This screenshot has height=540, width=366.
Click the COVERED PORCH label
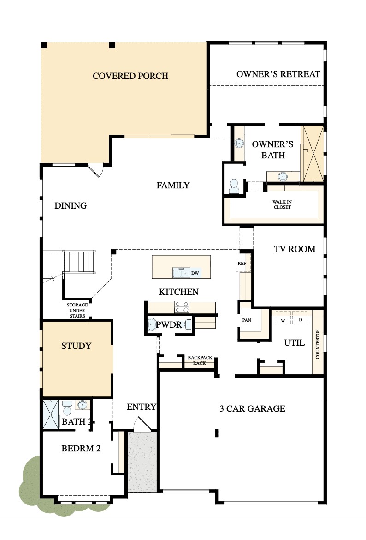[130, 76]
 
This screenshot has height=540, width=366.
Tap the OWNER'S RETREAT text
[278, 74]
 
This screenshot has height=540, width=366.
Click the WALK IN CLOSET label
[282, 204]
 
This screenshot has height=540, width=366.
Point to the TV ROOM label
[295, 249]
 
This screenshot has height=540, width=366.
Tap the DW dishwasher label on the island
[195, 273]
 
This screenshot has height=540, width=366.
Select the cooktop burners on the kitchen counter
[182, 307]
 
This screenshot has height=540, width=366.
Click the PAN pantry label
[246, 319]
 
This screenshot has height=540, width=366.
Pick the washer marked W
[283, 319]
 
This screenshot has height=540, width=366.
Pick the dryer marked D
[300, 319]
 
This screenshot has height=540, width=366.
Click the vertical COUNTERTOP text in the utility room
[318, 344]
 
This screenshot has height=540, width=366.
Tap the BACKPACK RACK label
[200, 360]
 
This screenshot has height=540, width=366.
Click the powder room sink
[152, 324]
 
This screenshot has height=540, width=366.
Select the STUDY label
[77, 346]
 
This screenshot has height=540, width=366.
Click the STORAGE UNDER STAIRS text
[77, 310]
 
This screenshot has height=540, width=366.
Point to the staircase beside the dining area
[79, 262]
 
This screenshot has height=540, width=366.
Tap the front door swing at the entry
[140, 425]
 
